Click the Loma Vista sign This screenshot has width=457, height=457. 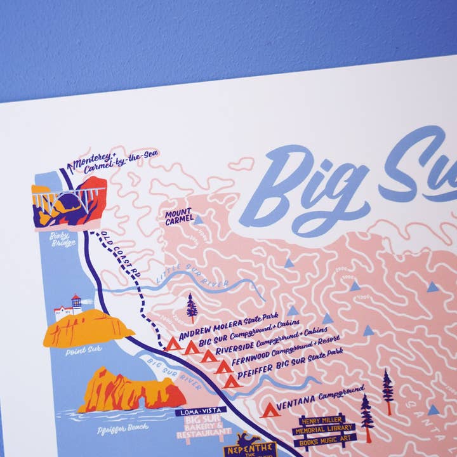click(x=197, y=413)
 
